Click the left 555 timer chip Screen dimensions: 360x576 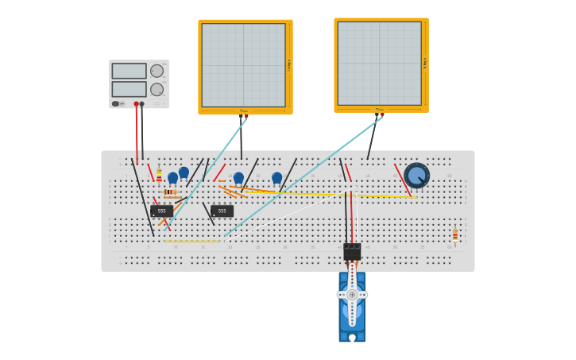pos(161,211)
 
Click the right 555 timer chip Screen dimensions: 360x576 pos(222,211)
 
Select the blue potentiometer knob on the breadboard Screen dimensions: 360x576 pos(416,175)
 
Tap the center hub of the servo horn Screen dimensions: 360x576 pos(352,295)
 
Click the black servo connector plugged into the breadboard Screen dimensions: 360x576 pos(352,251)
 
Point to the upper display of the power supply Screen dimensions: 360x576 pos(129,71)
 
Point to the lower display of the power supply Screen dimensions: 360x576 pos(129,89)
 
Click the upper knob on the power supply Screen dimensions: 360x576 pos(157,71)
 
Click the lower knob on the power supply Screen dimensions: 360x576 pos(157,89)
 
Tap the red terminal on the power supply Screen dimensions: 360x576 pos(136,104)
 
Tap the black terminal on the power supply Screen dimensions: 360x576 pos(142,104)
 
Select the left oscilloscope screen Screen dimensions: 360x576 pos(243,65)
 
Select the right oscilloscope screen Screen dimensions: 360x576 pos(379,64)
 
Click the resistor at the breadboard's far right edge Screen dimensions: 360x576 pos(454,234)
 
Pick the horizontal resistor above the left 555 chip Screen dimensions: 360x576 pos(170,192)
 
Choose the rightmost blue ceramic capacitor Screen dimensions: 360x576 pos(276,178)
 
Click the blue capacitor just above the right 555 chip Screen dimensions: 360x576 pos(238,178)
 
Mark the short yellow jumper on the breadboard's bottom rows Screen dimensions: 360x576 pos(191,242)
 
